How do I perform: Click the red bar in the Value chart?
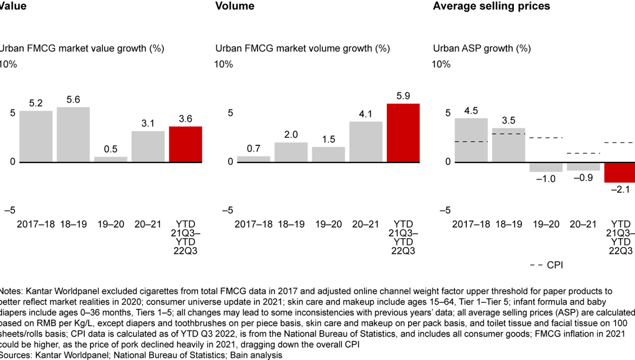point(185,144)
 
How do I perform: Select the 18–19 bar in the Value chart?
point(73,134)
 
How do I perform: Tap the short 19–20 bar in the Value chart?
point(111,159)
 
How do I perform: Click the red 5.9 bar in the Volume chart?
point(403,132)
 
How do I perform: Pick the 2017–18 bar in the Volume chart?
point(253,158)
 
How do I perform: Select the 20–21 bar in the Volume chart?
point(366,141)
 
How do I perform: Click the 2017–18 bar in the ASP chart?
point(471,139)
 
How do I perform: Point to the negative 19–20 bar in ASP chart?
point(546,166)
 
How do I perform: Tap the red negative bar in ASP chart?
point(620,172)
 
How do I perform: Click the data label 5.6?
point(73,100)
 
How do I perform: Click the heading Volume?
point(235,6)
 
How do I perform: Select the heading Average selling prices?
point(492,6)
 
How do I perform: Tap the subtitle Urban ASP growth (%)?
point(482,48)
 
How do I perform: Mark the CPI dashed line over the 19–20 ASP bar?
point(546,138)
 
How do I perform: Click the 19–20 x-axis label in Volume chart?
point(328,224)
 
